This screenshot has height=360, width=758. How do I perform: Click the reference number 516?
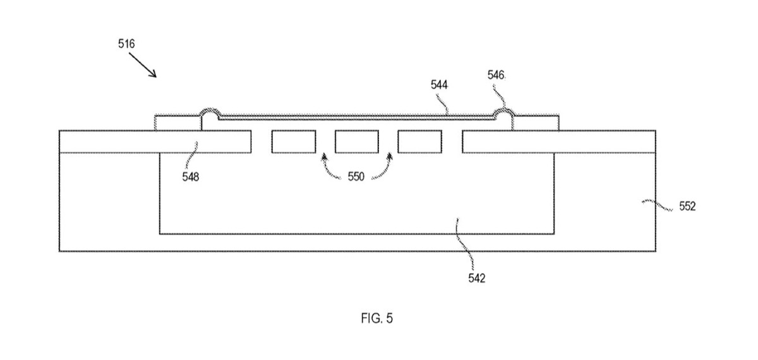point(126,44)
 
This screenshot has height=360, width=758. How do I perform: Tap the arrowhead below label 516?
point(153,74)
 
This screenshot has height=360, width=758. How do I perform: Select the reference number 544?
point(439,85)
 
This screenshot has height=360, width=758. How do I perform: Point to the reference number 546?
point(496,75)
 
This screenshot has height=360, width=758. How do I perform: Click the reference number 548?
point(191,177)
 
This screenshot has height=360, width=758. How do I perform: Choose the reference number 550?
point(356,176)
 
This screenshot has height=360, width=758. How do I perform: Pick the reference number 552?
point(687,206)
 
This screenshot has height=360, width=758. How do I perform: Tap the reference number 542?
point(476,278)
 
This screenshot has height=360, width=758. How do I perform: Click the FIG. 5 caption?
point(377,318)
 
